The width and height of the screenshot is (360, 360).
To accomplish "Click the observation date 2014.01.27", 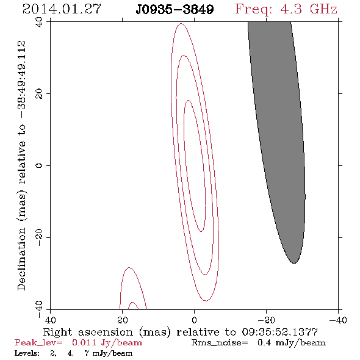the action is tap(62, 9).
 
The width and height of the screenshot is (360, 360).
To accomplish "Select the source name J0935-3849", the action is tap(175, 10).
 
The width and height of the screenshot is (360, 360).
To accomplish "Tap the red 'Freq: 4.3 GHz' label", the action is tap(286, 9).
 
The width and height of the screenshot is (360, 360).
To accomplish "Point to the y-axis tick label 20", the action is tap(39, 94).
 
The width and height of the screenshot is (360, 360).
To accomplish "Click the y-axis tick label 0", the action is tap(39, 165).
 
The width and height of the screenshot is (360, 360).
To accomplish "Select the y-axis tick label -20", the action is tap(39, 237).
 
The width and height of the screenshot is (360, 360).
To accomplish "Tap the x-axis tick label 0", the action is tap(195, 320).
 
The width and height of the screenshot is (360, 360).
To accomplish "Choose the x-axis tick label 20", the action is tap(123, 320).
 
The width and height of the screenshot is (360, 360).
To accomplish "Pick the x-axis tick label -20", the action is tap(266, 320).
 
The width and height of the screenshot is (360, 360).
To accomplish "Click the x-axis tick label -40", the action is tap(338, 320).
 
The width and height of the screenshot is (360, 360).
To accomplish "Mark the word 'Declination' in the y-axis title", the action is tap(21, 259).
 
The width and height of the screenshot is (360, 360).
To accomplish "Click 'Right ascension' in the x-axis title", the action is tap(88, 332).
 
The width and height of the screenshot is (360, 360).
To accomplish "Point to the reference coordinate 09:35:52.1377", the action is tap(279, 332).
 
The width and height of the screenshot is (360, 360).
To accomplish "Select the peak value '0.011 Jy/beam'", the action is tap(107, 342).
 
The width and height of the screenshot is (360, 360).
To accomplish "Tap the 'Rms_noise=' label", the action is tap(220, 343).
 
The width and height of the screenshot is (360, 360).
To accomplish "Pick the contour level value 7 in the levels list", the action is tap(87, 353).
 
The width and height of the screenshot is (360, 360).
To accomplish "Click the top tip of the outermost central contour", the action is tap(181, 23).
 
